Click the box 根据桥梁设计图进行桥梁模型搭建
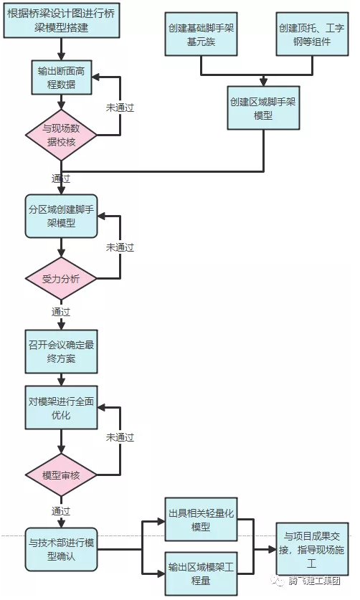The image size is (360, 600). point(62,21)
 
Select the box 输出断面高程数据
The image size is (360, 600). point(62,77)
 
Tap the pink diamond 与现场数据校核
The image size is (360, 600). point(61,135)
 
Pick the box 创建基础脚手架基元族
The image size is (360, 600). point(201,34)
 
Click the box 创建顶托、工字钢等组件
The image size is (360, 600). point(312,34)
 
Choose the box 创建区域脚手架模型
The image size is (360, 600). point(263,108)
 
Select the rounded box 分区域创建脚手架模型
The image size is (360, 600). point(61,216)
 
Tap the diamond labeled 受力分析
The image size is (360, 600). point(61,279)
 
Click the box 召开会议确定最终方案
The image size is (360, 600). point(61,352)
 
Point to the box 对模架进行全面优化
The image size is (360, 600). point(61,407)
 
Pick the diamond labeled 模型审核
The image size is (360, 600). point(61,475)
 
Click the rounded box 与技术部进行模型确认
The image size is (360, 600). point(61,550)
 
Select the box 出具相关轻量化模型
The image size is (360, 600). point(201,520)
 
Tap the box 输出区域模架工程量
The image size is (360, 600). point(201,573)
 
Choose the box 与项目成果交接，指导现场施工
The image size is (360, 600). point(312,549)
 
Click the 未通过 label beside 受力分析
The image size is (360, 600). point(120,247)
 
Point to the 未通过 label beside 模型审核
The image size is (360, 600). point(120,437)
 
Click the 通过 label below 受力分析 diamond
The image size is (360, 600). point(61,313)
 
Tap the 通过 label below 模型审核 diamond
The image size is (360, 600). point(61,511)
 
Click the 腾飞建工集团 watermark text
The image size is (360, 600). point(314,581)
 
